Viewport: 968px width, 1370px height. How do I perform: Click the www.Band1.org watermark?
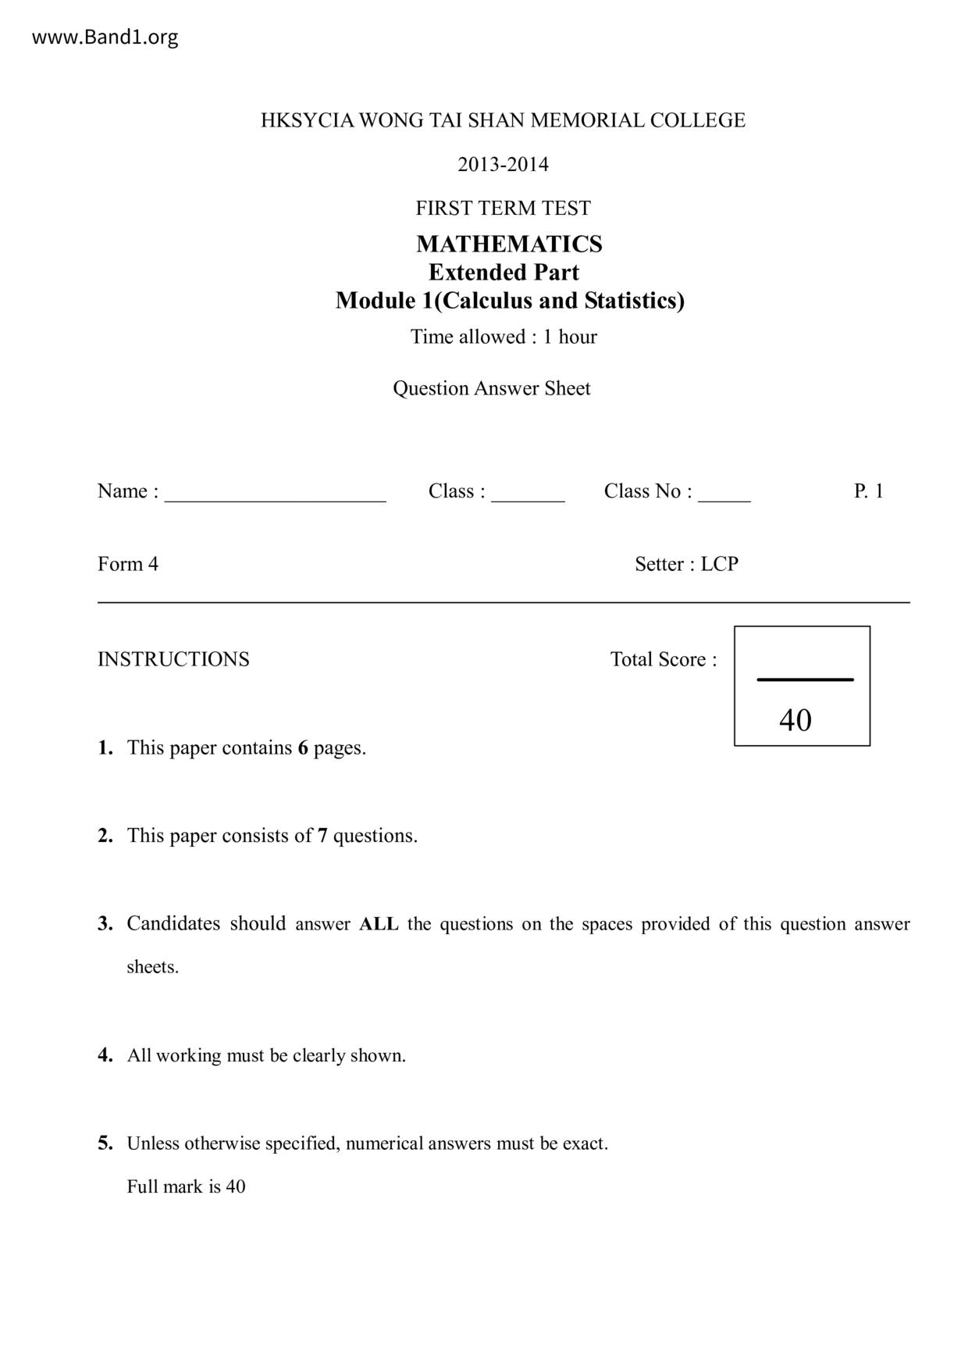[105, 37]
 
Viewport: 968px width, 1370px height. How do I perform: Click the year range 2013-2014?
[503, 164]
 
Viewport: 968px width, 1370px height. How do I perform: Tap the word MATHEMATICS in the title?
[509, 244]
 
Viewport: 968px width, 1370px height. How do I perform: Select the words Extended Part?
[504, 272]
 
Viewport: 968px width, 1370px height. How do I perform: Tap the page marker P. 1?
[868, 491]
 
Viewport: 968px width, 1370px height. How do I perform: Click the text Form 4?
[128, 564]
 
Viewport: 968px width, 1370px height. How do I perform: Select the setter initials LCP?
[719, 564]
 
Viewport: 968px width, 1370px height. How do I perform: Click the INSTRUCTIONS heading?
[173, 659]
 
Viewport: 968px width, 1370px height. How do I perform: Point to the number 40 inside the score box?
[795, 720]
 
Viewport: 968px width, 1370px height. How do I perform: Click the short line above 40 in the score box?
[805, 680]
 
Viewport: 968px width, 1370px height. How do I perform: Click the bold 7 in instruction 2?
[322, 836]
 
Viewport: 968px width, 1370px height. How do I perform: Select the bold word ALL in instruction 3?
[379, 924]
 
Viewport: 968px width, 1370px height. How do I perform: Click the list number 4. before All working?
[105, 1055]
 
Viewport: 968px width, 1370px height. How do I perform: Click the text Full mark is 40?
[186, 1186]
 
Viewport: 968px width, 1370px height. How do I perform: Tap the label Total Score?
[663, 659]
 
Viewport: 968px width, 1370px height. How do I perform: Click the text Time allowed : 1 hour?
[504, 337]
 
